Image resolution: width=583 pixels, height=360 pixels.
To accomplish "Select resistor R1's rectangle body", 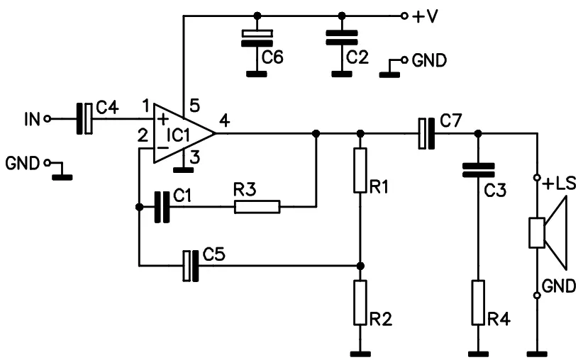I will pos(360,170).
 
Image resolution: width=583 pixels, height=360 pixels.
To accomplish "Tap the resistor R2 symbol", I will pos(360,302).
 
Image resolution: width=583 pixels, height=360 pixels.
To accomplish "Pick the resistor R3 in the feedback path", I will pos(257,207).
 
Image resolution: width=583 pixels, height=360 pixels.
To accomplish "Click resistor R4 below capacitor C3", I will pos(479,302).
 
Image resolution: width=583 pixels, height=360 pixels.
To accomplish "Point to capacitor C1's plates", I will pos(162,207).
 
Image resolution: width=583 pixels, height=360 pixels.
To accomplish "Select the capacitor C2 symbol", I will pos(342,38).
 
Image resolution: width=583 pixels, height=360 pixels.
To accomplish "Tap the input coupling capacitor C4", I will pos(84,118).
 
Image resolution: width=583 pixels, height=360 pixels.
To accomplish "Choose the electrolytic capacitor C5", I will pos(190,266).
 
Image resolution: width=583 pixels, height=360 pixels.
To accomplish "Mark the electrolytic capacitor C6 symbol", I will pos(256,38).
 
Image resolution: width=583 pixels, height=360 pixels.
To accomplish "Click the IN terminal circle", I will pos(48,119).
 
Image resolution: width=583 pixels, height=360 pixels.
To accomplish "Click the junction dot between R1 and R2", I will pos(360,266).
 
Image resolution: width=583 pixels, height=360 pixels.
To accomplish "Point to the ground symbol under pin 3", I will pos(184,169).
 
